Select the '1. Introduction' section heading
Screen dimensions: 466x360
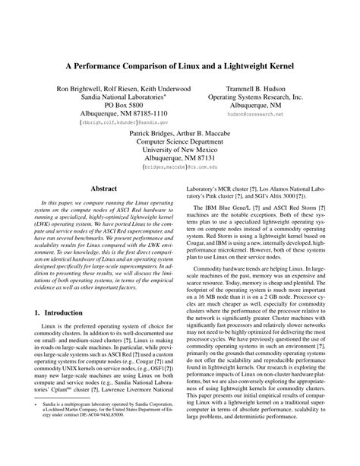point(65,313)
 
